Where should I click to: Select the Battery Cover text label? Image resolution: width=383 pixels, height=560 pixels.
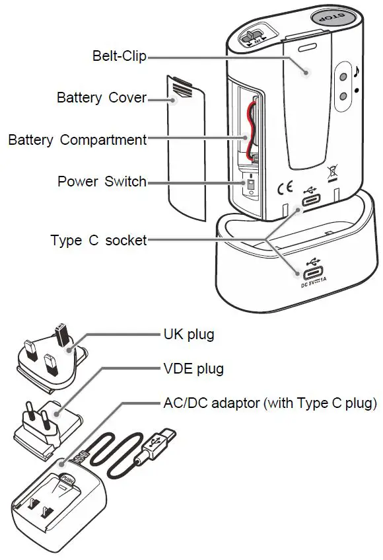[x=102, y=98]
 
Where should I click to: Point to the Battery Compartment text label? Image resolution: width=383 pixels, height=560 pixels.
[x=77, y=140]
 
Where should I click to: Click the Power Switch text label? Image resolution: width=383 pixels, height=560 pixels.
[x=102, y=181]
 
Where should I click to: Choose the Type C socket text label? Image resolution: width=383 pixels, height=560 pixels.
[x=98, y=240]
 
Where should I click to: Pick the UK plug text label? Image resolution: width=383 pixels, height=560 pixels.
[x=189, y=334]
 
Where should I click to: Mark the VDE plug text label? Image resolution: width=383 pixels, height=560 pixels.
[x=193, y=368]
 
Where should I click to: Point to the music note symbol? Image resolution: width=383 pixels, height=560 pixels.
[x=356, y=71]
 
